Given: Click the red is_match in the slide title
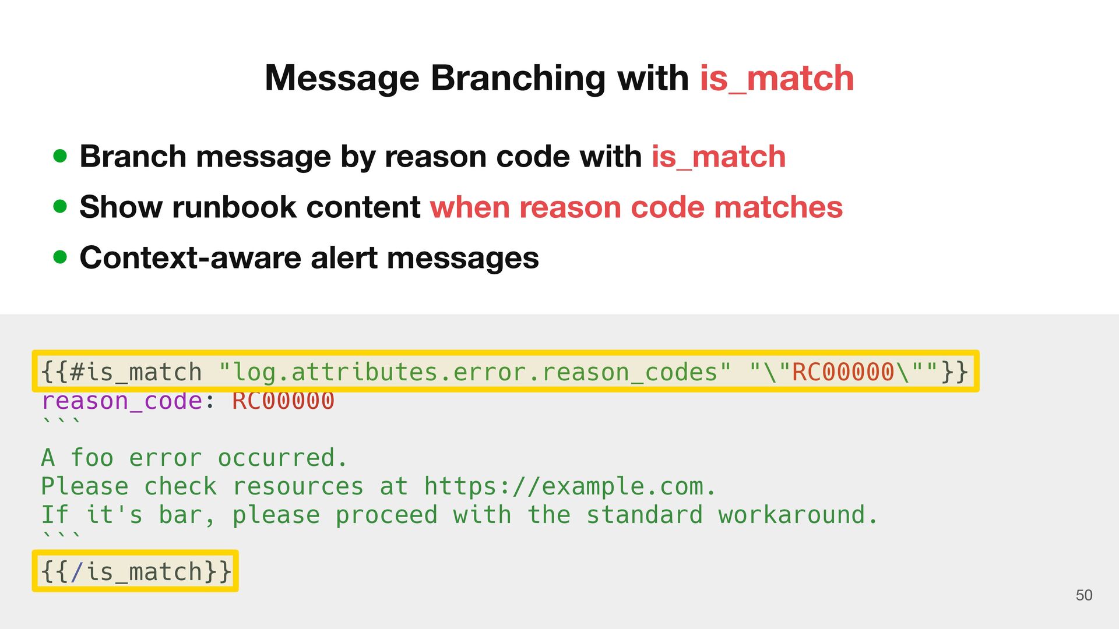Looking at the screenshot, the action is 777,78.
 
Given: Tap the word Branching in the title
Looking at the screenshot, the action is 518,78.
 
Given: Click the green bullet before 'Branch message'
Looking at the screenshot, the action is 60,156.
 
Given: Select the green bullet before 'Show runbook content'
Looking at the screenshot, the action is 60,207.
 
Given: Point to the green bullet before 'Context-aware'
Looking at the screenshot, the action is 60,257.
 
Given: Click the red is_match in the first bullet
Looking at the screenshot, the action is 719,157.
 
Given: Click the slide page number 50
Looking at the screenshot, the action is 1083,595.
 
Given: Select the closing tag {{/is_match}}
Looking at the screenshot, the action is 135,571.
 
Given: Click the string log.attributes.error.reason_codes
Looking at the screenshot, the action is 474,372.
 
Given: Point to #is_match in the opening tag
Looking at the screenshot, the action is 135,372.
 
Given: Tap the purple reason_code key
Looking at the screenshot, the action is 121,401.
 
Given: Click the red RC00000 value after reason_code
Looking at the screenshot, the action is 283,401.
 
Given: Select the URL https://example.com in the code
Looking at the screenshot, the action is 563,486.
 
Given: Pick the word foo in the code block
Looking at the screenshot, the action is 92,458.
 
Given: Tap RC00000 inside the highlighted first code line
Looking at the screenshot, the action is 843,372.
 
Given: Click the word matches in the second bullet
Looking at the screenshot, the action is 778,207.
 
